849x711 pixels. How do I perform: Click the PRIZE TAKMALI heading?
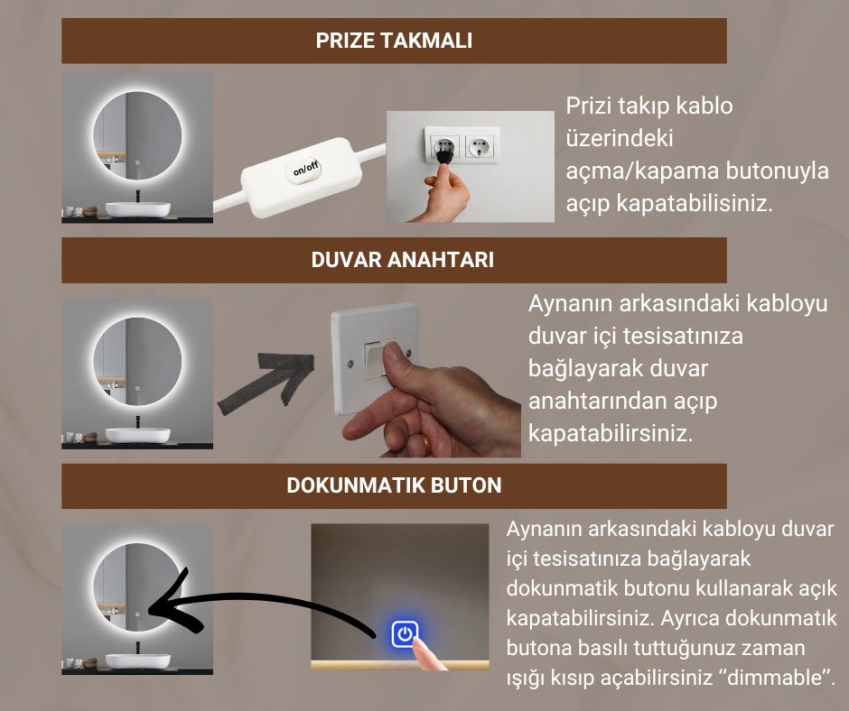coord(394,41)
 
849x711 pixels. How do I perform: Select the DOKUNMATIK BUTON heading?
coord(394,485)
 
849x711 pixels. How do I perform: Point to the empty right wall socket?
coord(480,143)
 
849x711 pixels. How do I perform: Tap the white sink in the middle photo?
coord(137,434)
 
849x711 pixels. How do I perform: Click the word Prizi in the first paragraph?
coord(587,106)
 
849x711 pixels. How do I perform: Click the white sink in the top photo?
coord(137,208)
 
